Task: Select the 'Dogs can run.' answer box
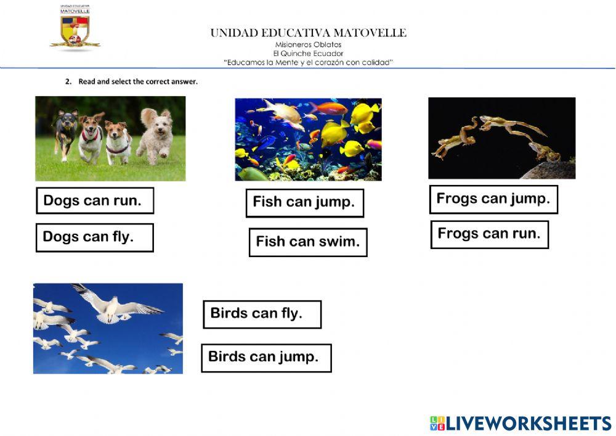[x=95, y=200]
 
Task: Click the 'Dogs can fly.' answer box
[x=94, y=237]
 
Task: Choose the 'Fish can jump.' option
[x=304, y=203]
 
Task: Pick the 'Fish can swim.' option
[x=308, y=242]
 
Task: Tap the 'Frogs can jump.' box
[x=493, y=199]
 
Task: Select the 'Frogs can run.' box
[x=490, y=235]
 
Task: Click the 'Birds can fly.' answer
[x=262, y=314]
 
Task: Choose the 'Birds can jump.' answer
[x=266, y=358]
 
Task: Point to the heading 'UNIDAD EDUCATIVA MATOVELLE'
[x=309, y=33]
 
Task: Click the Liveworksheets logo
[x=521, y=424]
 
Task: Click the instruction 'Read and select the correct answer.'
[x=138, y=81]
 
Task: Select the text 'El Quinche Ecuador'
[x=309, y=54]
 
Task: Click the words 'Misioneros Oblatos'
[x=309, y=44]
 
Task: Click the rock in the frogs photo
[x=550, y=170]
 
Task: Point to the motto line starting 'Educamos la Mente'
[x=309, y=62]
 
